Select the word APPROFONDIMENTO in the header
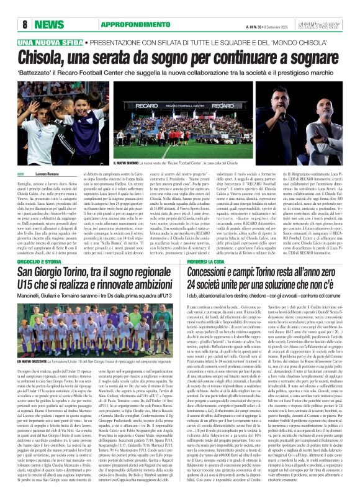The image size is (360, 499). [109, 24]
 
